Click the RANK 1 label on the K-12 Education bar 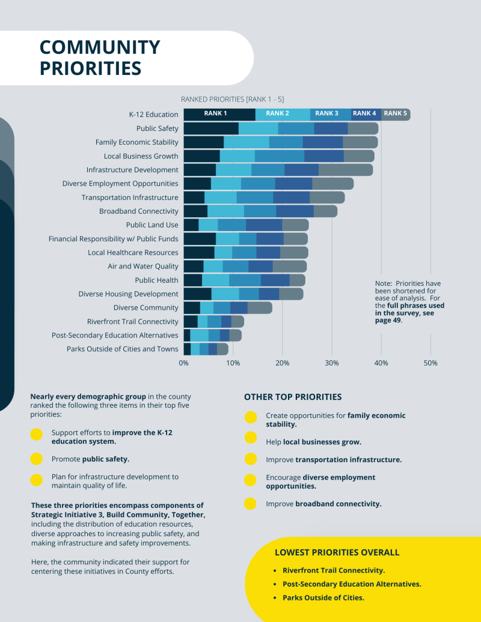(215, 113)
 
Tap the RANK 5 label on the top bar (395, 113)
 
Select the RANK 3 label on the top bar (327, 113)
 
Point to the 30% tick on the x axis (332, 363)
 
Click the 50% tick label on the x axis (430, 363)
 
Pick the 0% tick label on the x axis (183, 363)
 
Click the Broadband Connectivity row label (139, 211)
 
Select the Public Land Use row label (152, 225)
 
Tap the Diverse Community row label (146, 308)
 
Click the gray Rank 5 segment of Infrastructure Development (346, 170)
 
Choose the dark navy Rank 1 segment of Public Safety (211, 128)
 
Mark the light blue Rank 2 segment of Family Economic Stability (247, 142)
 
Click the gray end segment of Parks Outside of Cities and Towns (223, 349)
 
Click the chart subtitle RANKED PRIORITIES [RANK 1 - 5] (232, 99)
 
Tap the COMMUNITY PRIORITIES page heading (100, 58)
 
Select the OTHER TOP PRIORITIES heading (293, 397)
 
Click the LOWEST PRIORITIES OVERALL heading (337, 552)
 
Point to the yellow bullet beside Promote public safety (37, 459)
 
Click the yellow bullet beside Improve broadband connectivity (251, 504)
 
